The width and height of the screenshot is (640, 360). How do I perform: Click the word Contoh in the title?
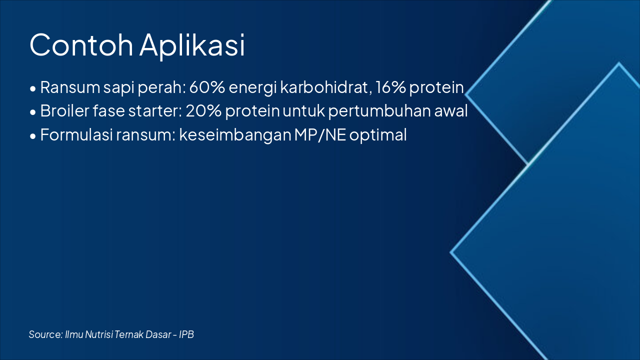click(x=81, y=45)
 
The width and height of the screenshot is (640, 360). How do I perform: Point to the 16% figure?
click(x=391, y=87)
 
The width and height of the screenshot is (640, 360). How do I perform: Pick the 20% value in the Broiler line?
click(x=203, y=111)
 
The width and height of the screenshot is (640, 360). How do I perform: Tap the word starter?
click(x=155, y=111)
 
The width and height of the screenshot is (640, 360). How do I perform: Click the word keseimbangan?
click(x=234, y=135)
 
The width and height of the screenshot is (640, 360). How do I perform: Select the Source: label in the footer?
click(x=45, y=334)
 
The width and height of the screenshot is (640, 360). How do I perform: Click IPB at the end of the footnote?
click(x=186, y=334)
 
